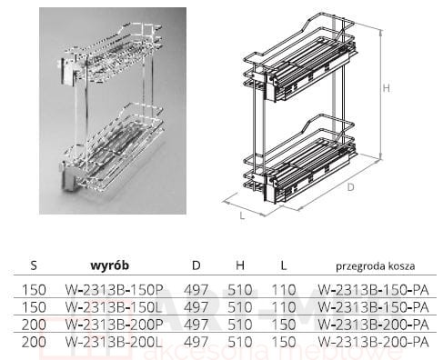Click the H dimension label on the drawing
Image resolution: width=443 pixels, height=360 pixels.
click(386, 88)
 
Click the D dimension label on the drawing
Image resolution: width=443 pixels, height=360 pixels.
click(350, 187)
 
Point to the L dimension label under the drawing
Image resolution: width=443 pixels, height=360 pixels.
click(242, 215)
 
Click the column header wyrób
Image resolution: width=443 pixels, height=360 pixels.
click(110, 265)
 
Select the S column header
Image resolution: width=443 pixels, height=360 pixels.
click(34, 265)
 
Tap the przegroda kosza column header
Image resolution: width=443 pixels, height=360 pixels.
click(376, 266)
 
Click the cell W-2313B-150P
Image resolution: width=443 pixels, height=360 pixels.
click(115, 290)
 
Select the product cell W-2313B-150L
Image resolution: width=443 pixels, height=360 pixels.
click(115, 307)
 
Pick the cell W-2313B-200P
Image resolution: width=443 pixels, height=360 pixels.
click(115, 325)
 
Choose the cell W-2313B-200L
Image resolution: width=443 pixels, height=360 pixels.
click(115, 343)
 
